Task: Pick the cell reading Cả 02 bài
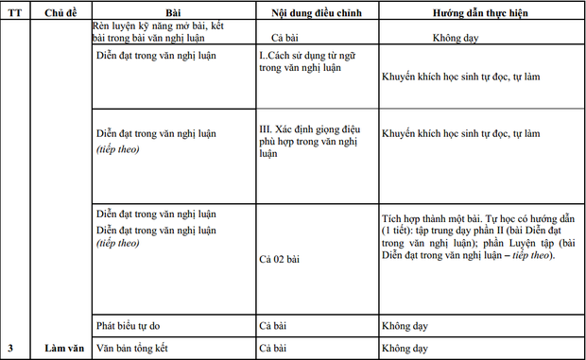click(279, 258)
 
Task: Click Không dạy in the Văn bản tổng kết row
click(405, 348)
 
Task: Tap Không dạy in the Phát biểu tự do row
click(405, 326)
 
